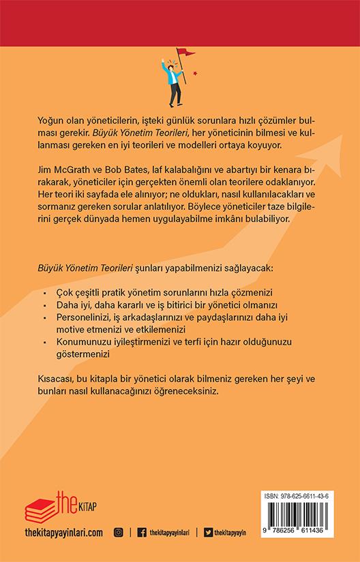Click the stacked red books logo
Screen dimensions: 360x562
[42, 505]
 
